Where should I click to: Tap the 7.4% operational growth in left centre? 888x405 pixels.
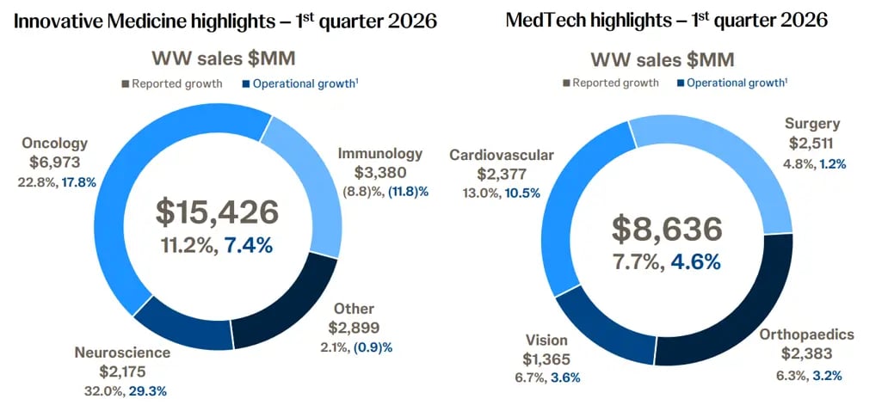coord(249,245)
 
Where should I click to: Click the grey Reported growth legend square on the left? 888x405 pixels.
coord(126,83)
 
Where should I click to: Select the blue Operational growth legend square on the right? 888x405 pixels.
coord(681,83)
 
